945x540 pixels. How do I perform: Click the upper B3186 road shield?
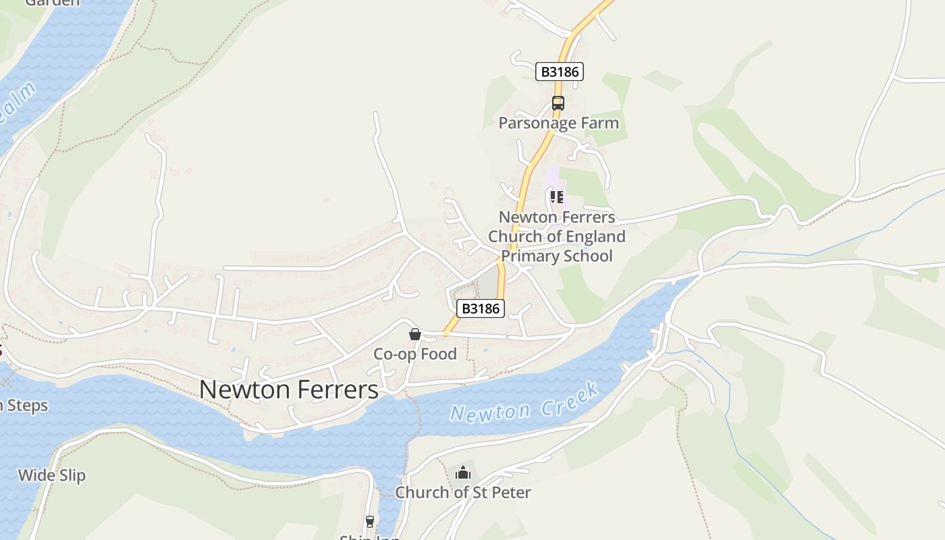(x=559, y=72)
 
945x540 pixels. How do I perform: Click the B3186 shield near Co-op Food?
(x=481, y=308)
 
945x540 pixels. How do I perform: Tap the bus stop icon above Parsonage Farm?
(x=558, y=103)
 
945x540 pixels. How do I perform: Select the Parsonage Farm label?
(x=558, y=123)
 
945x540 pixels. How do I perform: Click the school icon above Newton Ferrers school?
(x=557, y=197)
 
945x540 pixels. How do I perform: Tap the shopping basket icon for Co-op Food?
(x=415, y=334)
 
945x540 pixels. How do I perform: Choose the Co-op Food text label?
(x=415, y=354)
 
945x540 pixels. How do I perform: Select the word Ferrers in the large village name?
(x=337, y=389)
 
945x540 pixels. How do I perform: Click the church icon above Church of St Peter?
(x=462, y=473)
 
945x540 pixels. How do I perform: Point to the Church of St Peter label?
(x=463, y=492)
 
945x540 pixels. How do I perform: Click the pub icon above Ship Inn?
(x=369, y=521)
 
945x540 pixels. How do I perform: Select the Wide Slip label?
(x=52, y=475)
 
